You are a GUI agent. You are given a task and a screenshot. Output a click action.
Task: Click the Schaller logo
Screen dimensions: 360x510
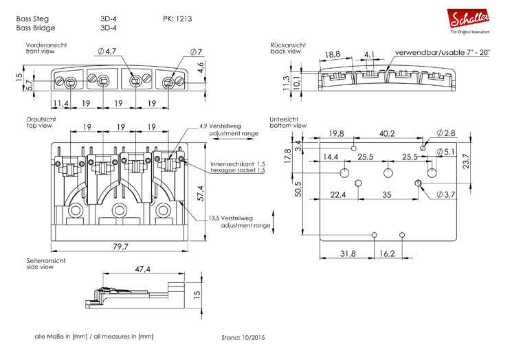click(x=469, y=19)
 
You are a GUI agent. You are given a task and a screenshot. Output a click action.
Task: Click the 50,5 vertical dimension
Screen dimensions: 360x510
click(x=298, y=189)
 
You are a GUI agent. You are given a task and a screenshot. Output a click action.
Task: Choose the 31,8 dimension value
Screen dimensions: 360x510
click(x=348, y=254)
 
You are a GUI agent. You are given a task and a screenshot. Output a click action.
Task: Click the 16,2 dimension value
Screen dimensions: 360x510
click(x=388, y=254)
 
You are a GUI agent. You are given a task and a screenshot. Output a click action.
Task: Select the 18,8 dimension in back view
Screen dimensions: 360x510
click(x=333, y=54)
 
